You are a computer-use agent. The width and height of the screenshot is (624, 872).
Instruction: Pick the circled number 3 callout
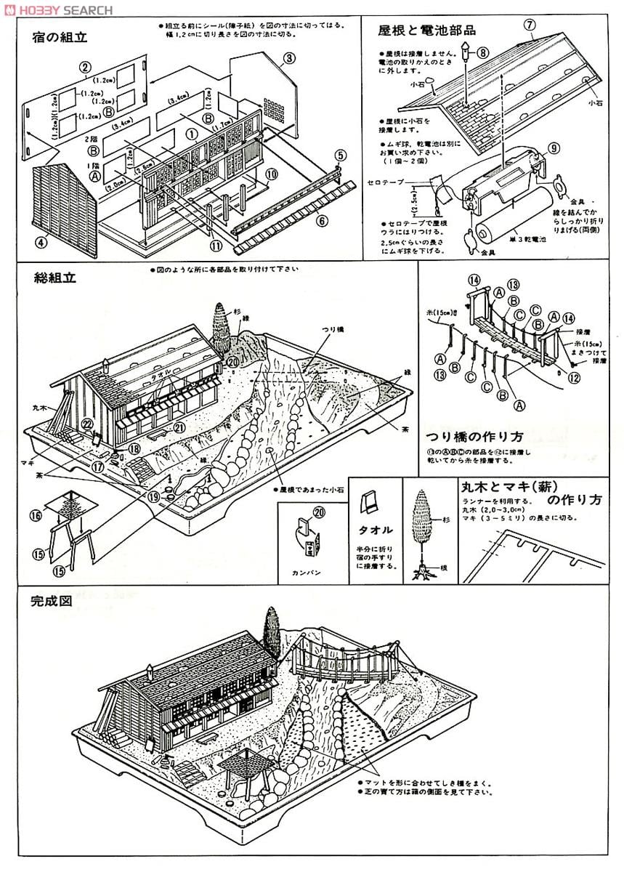coord(288,57)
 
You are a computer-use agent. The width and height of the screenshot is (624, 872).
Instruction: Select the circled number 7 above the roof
coord(530,24)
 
